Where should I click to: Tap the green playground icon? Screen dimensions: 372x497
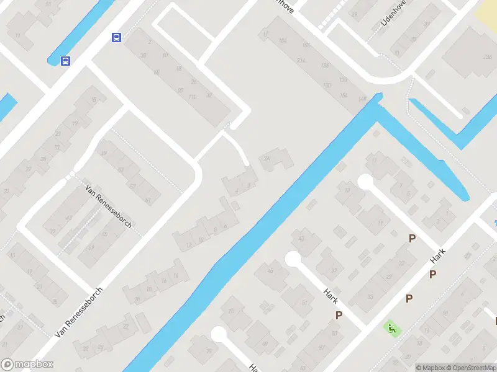click(391, 328)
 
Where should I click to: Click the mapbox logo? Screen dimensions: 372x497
click(27, 365)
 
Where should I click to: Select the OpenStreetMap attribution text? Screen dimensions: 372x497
click(473, 368)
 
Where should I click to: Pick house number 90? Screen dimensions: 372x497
click(180, 90)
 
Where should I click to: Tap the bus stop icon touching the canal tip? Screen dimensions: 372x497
click(65, 61)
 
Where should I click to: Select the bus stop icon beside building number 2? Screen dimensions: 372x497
click(116, 37)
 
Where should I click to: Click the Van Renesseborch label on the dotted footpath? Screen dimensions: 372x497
click(109, 206)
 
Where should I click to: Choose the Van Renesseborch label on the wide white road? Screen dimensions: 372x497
click(78, 312)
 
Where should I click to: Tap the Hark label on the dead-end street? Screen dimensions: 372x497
click(330, 296)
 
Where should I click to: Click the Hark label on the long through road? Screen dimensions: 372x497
click(439, 256)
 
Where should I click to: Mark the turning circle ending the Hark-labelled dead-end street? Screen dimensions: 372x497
click(293, 259)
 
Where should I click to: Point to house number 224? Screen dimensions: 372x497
click(302, 61)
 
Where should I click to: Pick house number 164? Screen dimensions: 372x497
click(283, 41)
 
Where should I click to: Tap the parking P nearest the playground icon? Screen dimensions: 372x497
click(409, 299)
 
